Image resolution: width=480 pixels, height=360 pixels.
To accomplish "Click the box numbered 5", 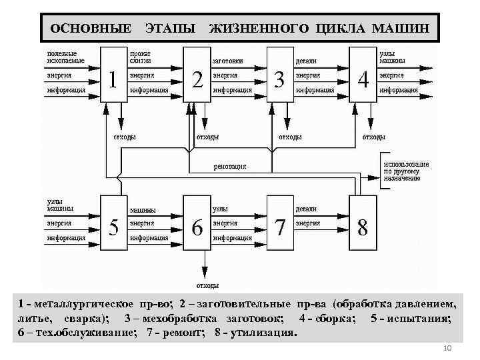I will pyautogui.click(x=113, y=223).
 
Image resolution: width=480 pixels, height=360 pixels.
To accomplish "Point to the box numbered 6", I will pyautogui.click(x=197, y=223).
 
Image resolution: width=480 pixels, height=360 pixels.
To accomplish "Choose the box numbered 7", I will pyautogui.click(x=280, y=223).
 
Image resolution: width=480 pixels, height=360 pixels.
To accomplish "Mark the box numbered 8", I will pyautogui.click(x=363, y=223).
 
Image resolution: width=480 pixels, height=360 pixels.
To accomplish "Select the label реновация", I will pyautogui.click(x=229, y=166).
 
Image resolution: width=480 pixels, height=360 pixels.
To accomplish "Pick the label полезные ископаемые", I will pyautogui.click(x=63, y=57).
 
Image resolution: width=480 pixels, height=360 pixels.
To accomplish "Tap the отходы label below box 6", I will pyautogui.click(x=207, y=285).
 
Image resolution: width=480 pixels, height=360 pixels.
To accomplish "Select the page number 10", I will pyautogui.click(x=447, y=350).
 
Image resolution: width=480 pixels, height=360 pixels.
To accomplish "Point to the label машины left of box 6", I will pyautogui.click(x=143, y=211).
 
